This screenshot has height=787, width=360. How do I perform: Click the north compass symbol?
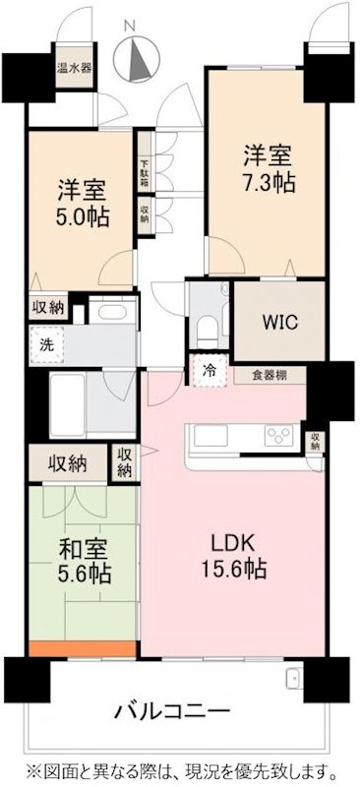138,57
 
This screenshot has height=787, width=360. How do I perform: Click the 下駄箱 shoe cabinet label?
145,175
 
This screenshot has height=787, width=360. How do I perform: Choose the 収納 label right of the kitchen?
315,441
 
